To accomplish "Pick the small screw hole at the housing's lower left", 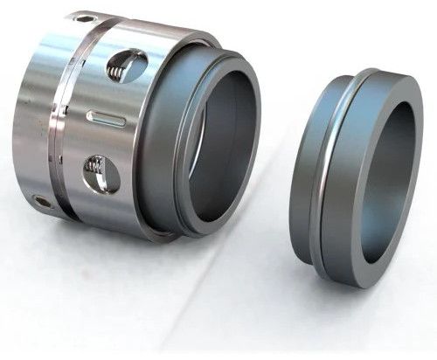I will click(x=41, y=201).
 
